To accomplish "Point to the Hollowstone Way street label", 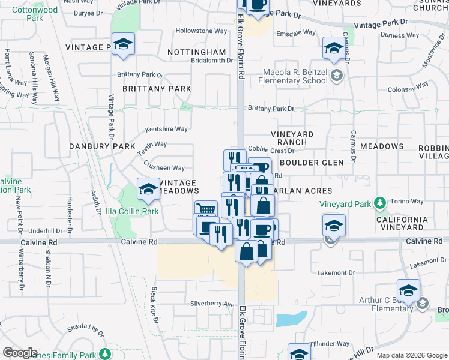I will point(201,31).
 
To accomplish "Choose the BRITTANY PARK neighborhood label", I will point(157,89).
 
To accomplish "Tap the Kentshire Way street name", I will point(166,129).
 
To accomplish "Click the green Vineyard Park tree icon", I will point(379,203).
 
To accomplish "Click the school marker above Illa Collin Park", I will point(148,190).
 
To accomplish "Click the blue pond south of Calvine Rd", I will point(292,319).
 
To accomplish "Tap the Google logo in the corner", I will point(19,353).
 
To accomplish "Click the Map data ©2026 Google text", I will point(412,355).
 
